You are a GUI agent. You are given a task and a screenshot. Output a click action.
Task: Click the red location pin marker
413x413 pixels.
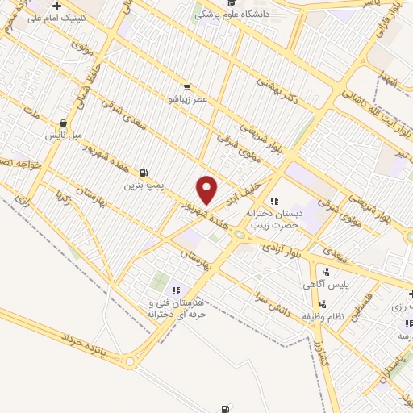(207, 190)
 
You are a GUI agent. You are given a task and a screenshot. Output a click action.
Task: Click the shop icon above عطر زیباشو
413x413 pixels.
(187, 87)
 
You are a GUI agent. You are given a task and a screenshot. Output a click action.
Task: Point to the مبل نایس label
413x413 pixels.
(64, 135)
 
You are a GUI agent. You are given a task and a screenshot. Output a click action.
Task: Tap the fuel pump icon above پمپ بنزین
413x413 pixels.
(144, 173)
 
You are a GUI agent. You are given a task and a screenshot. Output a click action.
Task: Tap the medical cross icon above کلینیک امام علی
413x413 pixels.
(56, 6)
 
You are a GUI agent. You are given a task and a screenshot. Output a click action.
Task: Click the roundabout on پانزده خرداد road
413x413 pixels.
(130, 362)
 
